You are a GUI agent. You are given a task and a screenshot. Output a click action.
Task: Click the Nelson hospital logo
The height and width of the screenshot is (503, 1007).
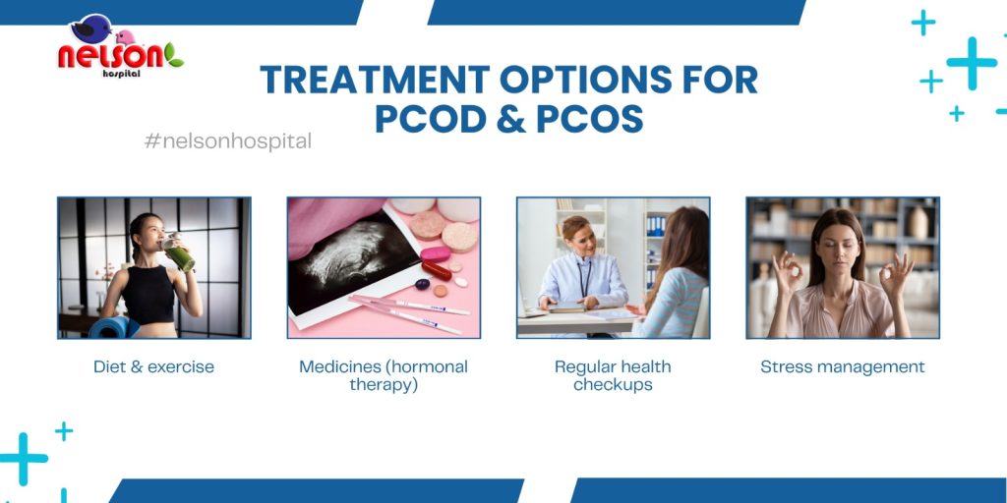click(x=121, y=46)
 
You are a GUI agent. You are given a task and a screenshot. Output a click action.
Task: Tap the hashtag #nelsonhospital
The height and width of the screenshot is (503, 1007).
click(x=228, y=141)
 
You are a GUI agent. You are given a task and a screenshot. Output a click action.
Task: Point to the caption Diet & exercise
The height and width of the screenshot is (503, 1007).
click(x=154, y=367)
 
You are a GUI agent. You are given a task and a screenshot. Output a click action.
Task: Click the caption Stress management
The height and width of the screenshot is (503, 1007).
click(x=843, y=367)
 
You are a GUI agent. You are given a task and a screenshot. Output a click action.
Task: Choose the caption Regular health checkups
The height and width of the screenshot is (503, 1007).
click(x=613, y=375)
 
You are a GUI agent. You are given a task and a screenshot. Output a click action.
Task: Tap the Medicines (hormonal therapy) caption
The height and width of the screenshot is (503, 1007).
click(x=384, y=375)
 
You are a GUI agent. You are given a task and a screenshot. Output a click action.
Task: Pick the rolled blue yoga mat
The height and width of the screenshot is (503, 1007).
click(x=113, y=327)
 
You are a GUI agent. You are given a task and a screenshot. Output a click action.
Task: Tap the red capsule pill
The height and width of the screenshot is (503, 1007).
click(x=437, y=270)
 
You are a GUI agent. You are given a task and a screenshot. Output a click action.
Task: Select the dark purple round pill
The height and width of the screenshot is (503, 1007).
click(x=422, y=284)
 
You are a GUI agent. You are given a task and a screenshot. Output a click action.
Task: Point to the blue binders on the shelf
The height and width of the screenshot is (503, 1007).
click(x=656, y=226)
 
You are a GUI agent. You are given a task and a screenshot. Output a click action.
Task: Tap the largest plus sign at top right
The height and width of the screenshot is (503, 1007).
click(x=972, y=63)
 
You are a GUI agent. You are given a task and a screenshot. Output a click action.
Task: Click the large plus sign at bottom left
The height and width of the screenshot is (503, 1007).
click(x=24, y=459)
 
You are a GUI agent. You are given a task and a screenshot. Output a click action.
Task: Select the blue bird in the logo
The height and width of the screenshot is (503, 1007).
click(x=91, y=28)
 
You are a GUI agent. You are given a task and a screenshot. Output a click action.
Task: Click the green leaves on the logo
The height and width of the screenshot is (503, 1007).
click(x=173, y=55)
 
